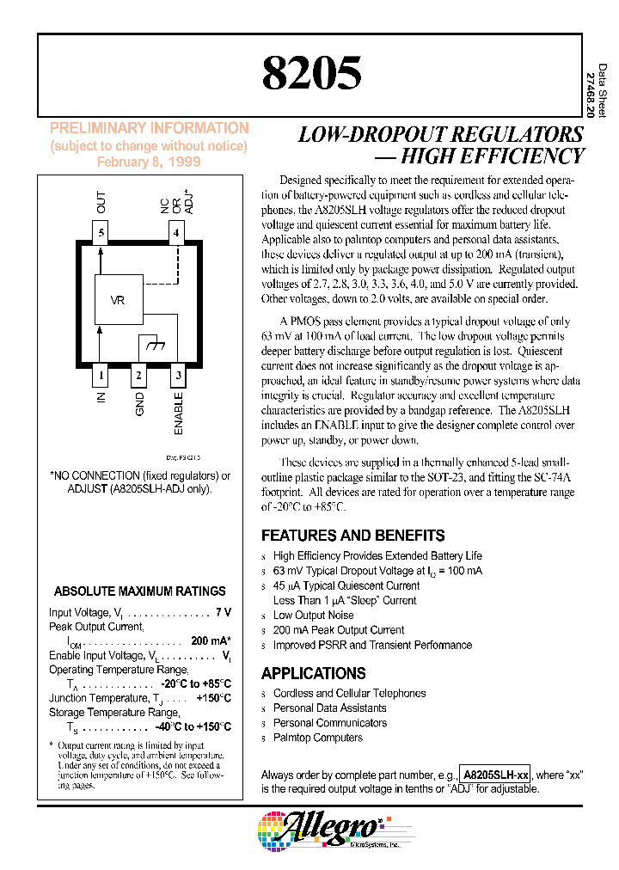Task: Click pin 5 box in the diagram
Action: [x=101, y=232]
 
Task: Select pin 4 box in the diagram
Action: [x=176, y=232]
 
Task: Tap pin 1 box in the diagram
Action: [x=101, y=375]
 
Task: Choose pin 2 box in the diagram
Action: [x=138, y=375]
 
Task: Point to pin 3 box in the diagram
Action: [x=177, y=375]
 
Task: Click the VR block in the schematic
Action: [x=119, y=300]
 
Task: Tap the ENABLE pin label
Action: [x=179, y=414]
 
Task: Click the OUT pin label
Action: [x=101, y=204]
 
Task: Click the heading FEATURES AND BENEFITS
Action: [x=352, y=535]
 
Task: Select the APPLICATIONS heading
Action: [x=313, y=673]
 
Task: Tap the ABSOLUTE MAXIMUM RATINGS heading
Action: [x=139, y=591]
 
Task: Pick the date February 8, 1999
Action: [x=149, y=162]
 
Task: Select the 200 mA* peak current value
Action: [x=211, y=641]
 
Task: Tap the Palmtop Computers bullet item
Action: [x=317, y=738]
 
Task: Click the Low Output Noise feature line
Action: [x=313, y=615]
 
